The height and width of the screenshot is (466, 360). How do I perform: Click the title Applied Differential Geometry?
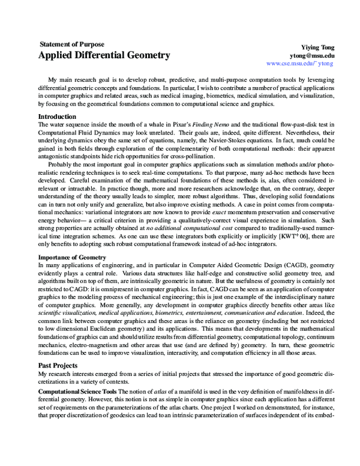(104, 56)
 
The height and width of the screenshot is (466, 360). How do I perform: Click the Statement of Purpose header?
(71, 44)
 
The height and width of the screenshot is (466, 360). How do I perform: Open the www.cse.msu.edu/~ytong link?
(299, 63)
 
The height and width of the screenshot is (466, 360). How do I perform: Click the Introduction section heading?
(57, 116)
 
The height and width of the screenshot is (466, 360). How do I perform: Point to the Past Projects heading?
(58, 365)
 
